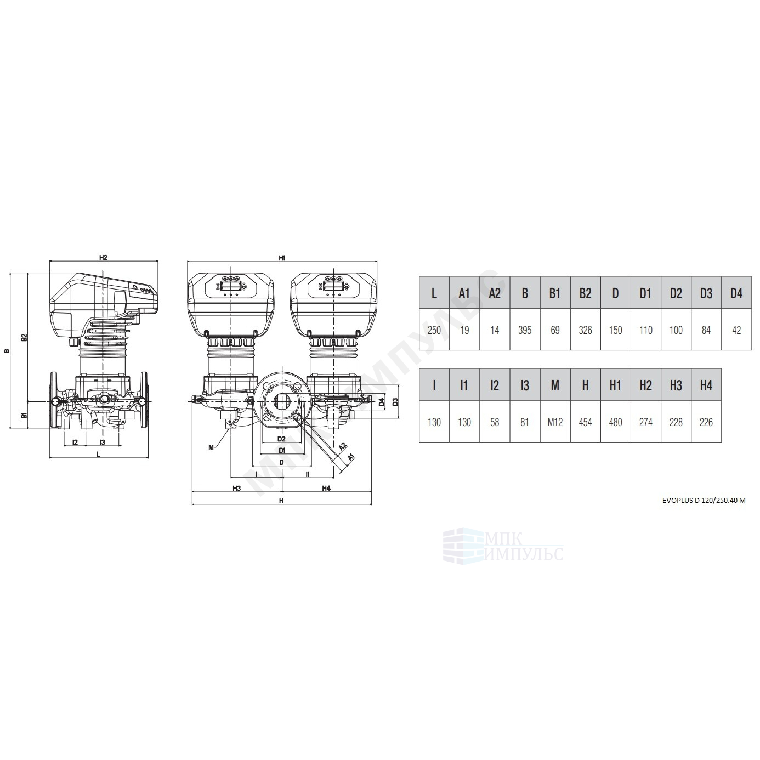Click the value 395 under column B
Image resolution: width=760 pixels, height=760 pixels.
pos(525,330)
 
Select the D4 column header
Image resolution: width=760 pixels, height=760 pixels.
pos(736,293)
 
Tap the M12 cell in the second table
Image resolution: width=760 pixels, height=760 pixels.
pos(555,422)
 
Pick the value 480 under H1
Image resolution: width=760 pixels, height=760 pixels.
pos(615,422)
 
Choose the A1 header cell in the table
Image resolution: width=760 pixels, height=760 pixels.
pos(464,293)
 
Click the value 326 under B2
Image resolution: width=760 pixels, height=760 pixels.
pos(585,330)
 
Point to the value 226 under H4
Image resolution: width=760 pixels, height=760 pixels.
pos(706,422)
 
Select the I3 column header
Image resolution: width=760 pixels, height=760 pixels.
pos(525,385)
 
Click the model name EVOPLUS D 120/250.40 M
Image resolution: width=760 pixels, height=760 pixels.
pos(704,501)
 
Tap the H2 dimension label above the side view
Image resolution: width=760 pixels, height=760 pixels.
pos(103,258)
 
